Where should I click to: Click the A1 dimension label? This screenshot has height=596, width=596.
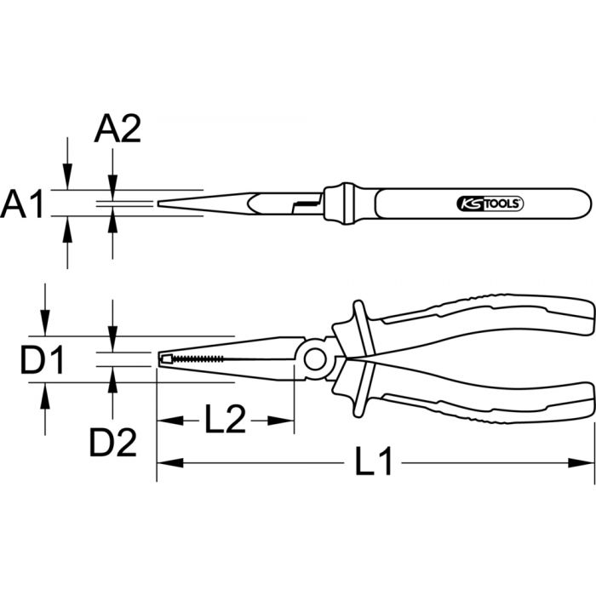pyautogui.click(x=22, y=205)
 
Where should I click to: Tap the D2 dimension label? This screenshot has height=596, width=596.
pyautogui.click(x=113, y=442)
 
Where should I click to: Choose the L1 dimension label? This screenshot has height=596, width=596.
pyautogui.click(x=374, y=464)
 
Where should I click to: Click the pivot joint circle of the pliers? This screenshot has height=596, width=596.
pyautogui.click(x=315, y=358)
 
